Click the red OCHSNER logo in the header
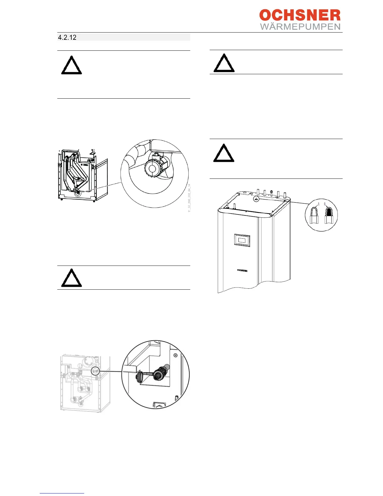click(300, 15)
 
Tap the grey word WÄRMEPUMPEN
click(300, 27)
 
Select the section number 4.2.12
click(67, 38)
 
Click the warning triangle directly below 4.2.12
click(71, 65)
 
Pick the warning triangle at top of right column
click(224, 63)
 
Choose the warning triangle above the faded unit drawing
click(71, 278)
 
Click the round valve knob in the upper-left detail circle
click(153, 168)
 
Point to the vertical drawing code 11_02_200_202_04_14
click(189, 198)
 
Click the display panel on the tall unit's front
click(242, 240)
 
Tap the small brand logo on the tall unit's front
click(242, 270)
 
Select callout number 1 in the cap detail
click(319, 204)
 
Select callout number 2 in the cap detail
click(325, 204)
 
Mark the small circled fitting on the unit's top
click(256, 199)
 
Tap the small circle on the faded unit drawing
click(95, 371)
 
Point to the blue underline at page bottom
click(62, 493)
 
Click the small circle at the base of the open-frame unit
click(76, 193)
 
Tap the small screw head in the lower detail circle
click(176, 355)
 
